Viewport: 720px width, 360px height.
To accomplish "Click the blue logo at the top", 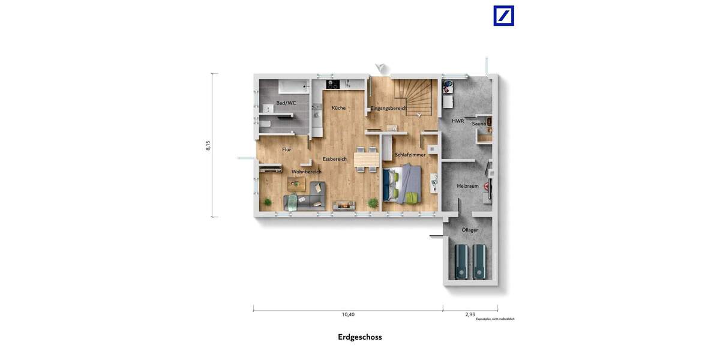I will [x=503, y=16].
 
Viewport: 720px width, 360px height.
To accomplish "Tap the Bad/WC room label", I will [x=286, y=103].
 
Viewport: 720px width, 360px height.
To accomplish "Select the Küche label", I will [x=338, y=108].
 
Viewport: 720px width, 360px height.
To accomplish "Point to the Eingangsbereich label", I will [x=388, y=108].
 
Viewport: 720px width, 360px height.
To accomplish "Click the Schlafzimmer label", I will [x=410, y=155].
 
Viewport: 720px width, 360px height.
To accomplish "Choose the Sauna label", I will [x=479, y=124].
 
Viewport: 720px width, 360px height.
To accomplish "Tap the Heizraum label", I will [x=468, y=186].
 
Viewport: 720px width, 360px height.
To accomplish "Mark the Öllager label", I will [x=470, y=230].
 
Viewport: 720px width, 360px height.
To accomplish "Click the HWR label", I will [x=458, y=121].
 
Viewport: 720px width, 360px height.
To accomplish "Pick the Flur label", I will [x=287, y=149].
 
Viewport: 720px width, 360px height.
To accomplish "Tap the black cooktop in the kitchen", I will [x=333, y=85].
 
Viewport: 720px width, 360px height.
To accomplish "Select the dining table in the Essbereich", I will [x=366, y=159].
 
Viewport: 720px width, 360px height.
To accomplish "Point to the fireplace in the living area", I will [x=344, y=205].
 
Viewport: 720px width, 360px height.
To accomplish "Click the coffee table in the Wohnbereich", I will [x=296, y=184].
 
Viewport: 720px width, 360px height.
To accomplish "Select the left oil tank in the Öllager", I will [x=461, y=261].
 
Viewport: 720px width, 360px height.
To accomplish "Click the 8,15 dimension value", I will [x=208, y=145].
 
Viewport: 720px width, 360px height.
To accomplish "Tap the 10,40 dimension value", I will [x=348, y=314].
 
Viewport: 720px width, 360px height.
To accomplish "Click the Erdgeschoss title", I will [x=359, y=337].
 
